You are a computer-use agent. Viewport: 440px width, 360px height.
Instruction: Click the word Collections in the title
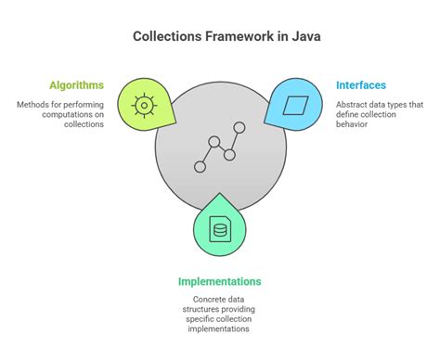tap(168, 36)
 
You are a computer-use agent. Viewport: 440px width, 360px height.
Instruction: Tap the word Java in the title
tap(291, 36)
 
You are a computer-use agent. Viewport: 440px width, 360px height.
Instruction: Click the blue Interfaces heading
tap(361, 85)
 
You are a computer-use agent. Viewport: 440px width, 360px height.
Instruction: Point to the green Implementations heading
tap(220, 282)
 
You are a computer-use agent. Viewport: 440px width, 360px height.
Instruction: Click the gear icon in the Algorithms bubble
tap(143, 105)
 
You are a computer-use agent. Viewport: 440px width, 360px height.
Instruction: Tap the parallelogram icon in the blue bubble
tap(294, 105)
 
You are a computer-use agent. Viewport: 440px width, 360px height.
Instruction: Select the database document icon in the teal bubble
tap(219, 229)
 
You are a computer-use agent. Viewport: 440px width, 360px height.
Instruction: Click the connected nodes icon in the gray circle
tap(219, 146)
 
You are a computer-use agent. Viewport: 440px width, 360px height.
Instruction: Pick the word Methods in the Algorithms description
tap(33, 105)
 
